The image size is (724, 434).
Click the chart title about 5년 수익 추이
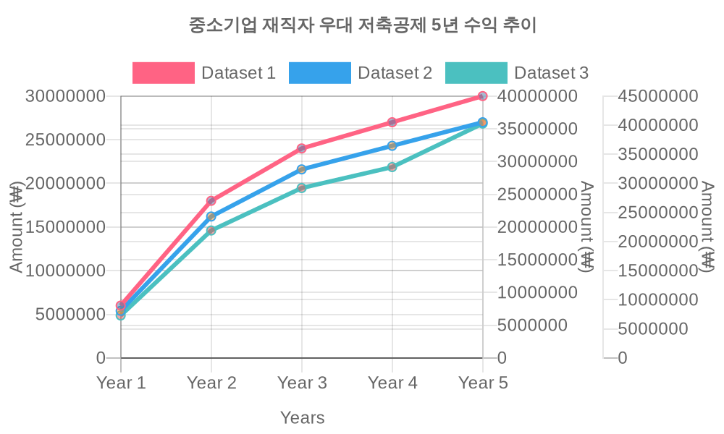tap(362, 26)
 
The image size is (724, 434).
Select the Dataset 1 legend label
tap(238, 73)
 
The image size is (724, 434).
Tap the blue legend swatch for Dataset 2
tap(319, 73)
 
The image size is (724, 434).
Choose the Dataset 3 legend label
tap(551, 73)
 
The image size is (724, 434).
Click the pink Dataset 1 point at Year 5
tap(483, 96)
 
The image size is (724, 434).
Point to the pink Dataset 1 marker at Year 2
tap(211, 200)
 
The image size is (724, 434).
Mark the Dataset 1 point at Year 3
tap(302, 148)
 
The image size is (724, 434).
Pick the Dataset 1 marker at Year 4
tap(392, 122)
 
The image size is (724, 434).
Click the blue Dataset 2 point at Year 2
tap(211, 216)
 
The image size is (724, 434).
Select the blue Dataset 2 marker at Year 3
tap(302, 169)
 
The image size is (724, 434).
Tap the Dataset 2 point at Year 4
tap(392, 146)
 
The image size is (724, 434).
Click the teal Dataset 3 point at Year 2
tap(211, 231)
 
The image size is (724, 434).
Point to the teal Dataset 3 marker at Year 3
tap(302, 188)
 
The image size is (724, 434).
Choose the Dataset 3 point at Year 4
tap(392, 167)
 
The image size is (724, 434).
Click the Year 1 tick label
tap(121, 383)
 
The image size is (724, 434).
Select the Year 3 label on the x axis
tap(302, 383)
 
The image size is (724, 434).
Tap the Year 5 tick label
tap(483, 383)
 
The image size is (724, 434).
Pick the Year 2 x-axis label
tap(211, 383)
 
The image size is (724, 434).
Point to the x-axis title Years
tap(302, 417)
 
